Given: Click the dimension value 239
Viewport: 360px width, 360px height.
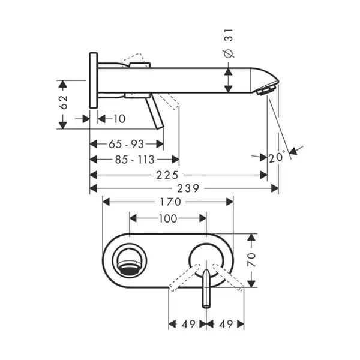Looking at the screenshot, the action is tap(188, 189).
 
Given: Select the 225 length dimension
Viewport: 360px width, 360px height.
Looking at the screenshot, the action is tap(167, 175).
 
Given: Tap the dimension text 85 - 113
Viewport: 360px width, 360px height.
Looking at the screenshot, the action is tap(135, 160).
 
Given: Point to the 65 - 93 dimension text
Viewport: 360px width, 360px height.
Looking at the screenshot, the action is tap(126, 144).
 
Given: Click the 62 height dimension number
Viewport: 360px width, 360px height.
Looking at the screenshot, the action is tap(64, 102).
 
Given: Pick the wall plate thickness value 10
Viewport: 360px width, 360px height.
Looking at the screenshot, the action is tap(119, 119).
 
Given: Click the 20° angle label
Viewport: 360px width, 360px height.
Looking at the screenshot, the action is tap(277, 157).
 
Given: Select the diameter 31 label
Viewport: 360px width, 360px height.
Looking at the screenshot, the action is tap(229, 43).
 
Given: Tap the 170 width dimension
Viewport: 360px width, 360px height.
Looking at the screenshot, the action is tap(170, 202).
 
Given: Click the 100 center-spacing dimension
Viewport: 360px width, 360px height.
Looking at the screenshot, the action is tap(168, 218).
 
